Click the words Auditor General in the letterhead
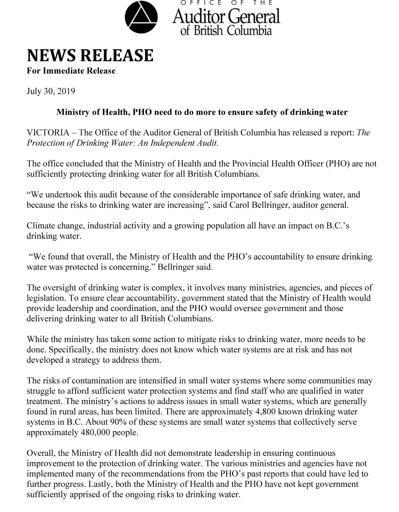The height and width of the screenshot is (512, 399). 226,16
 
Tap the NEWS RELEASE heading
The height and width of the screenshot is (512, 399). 90,55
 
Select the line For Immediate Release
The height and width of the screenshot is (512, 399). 71,71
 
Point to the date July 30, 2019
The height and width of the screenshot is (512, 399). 51,91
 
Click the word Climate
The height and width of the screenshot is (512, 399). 40,226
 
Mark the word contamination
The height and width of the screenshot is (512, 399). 97,381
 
